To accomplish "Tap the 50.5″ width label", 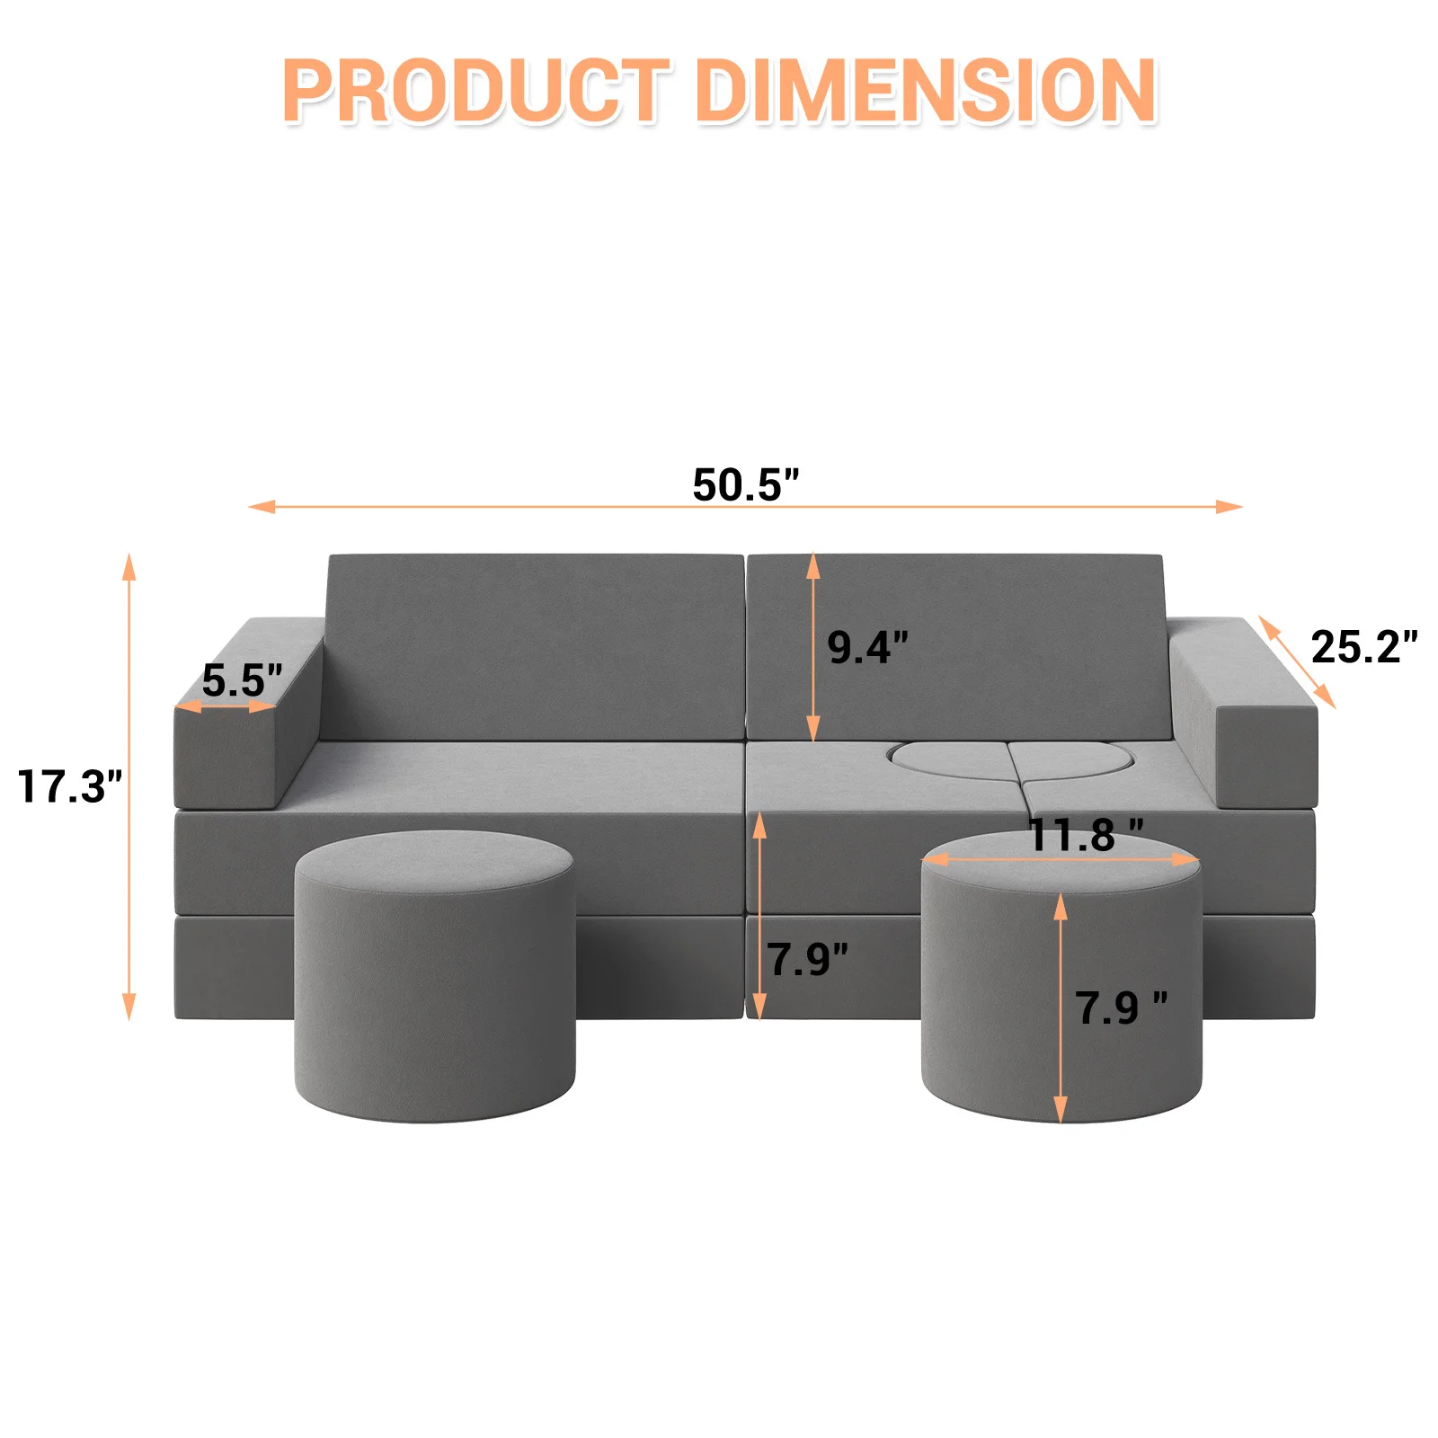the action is click(x=745, y=484).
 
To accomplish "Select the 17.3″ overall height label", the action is click(x=69, y=786).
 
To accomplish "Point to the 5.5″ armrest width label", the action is click(x=242, y=680).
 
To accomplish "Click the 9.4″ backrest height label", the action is click(x=867, y=647).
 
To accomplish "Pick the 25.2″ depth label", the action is click(x=1364, y=647).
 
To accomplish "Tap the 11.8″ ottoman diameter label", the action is click(x=1086, y=835).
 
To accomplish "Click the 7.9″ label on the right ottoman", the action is click(x=1122, y=1007).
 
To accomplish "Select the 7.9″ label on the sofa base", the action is click(x=807, y=959).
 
